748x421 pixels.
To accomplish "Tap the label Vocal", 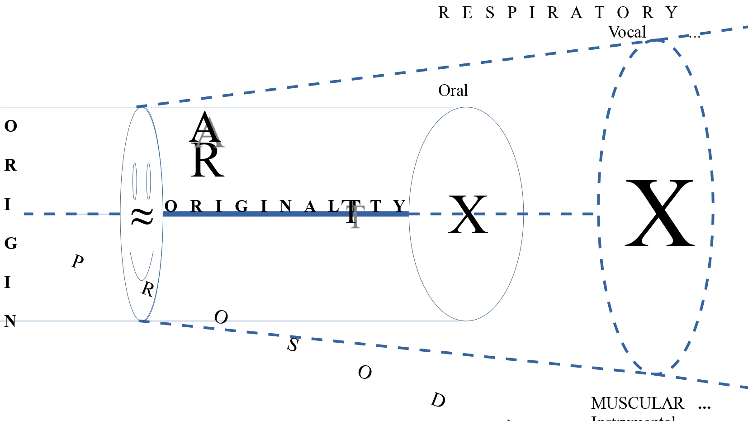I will click(x=627, y=32).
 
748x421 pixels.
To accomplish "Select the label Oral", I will click(x=453, y=91).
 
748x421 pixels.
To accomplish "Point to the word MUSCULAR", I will click(x=637, y=403).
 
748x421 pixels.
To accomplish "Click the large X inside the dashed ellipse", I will click(x=659, y=213).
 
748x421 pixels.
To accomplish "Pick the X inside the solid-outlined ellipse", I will click(x=468, y=215).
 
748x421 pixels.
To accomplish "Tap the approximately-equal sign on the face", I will click(x=142, y=216).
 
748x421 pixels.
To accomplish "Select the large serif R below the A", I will click(x=207, y=162).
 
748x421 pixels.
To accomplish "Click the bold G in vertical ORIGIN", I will click(x=10, y=244).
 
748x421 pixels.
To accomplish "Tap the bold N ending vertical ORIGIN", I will click(x=10, y=321).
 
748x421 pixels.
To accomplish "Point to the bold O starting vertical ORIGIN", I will click(x=10, y=126).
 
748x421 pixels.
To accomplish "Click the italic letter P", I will click(x=78, y=261).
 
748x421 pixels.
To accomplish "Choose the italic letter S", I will click(x=293, y=345).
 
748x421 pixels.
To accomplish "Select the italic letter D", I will click(x=438, y=400).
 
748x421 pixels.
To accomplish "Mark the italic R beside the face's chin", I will click(x=147, y=289).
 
